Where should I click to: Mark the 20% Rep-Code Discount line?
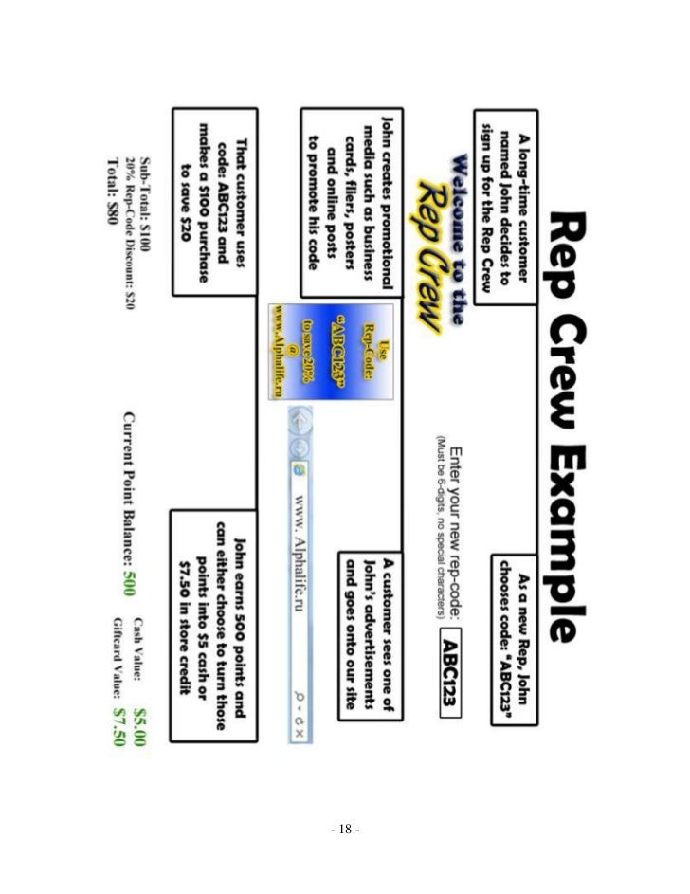[x=129, y=216]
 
